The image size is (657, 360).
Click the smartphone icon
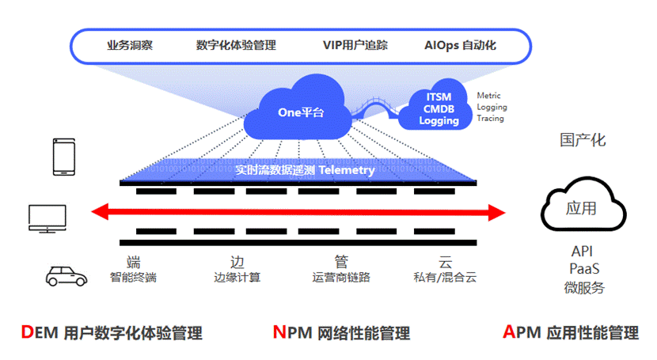coord(64,157)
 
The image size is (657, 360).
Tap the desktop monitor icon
coord(47,218)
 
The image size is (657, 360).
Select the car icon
coord(66,276)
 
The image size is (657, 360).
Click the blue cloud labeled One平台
coord(298,110)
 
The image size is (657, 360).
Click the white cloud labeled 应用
coord(583,205)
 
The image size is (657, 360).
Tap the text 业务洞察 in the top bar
coord(130,45)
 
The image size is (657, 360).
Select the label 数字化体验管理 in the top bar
coord(236,45)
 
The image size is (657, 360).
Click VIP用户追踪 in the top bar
coord(355,45)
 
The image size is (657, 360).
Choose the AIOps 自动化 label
coord(460,45)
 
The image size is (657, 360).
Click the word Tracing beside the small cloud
coord(490,119)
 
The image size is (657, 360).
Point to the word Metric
coord(488,96)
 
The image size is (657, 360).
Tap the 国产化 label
coord(583,140)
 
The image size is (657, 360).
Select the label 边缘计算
coord(237,277)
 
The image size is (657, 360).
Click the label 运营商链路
coord(341,277)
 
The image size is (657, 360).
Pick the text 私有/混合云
coord(445,277)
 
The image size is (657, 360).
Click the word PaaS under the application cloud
coord(584,268)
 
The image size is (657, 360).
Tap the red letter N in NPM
coord(279,332)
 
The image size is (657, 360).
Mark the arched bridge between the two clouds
coord(375,107)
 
